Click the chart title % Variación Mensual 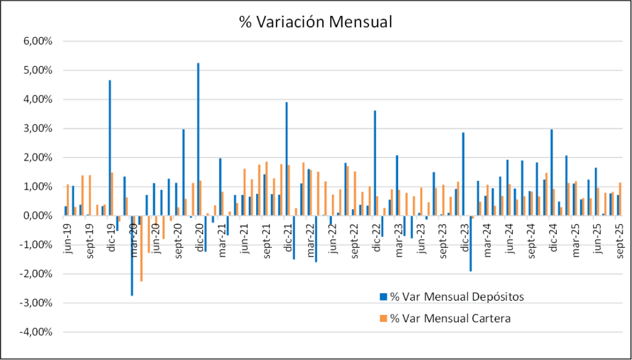315,22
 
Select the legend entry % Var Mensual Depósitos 456,296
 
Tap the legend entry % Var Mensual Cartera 451,318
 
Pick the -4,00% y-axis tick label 38,332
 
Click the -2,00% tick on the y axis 38,274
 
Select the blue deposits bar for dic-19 110,148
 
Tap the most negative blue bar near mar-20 132,255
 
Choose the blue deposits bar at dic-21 286,159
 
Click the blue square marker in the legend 383,297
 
